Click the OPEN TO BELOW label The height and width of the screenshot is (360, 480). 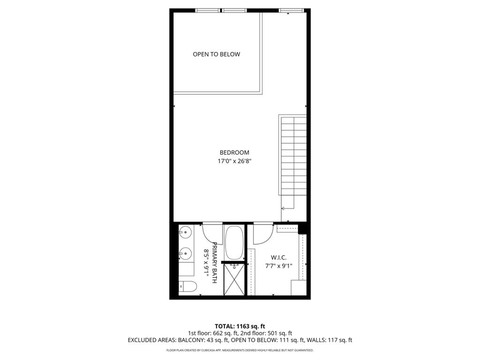click(216, 54)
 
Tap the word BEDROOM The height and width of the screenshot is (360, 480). click(234, 152)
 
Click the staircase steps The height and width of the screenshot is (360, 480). click(293, 155)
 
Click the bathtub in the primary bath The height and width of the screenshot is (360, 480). click(233, 242)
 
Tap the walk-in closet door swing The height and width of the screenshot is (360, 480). click(263, 233)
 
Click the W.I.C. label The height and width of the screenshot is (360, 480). click(279, 257)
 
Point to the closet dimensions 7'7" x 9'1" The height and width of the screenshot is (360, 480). click(279, 266)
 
